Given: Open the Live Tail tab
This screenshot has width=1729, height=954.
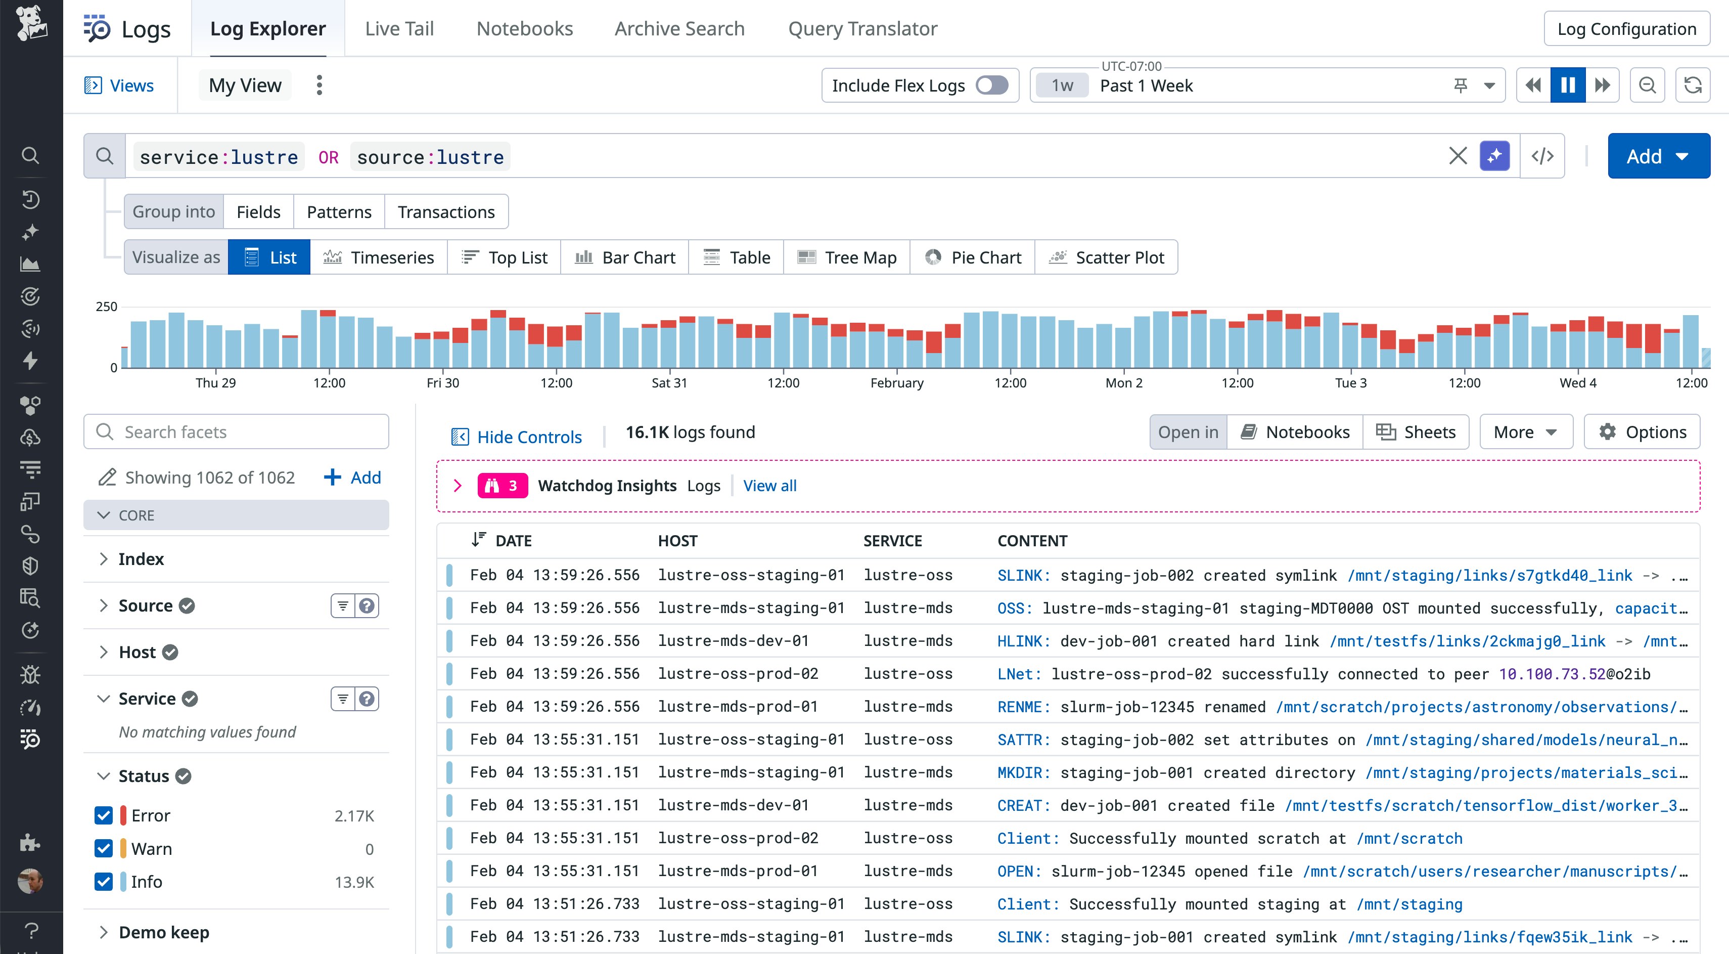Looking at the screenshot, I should coord(399,29).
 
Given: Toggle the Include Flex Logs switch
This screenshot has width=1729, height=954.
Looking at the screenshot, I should coord(991,85).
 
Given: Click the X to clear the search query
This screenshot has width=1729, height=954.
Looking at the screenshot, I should coord(1457,156).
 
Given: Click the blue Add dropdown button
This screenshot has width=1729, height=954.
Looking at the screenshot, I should coord(1658,156).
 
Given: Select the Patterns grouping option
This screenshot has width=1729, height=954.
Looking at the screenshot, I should coord(338,212).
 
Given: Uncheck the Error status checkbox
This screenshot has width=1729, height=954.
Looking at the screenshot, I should coord(103,816).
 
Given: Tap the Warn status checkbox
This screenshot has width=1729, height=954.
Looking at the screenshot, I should coord(103,849).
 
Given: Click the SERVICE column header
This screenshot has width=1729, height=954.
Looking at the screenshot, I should coord(892,541).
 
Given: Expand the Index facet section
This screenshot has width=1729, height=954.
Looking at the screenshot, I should coord(141,559).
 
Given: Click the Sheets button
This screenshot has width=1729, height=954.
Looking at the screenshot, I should coord(1416,431).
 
